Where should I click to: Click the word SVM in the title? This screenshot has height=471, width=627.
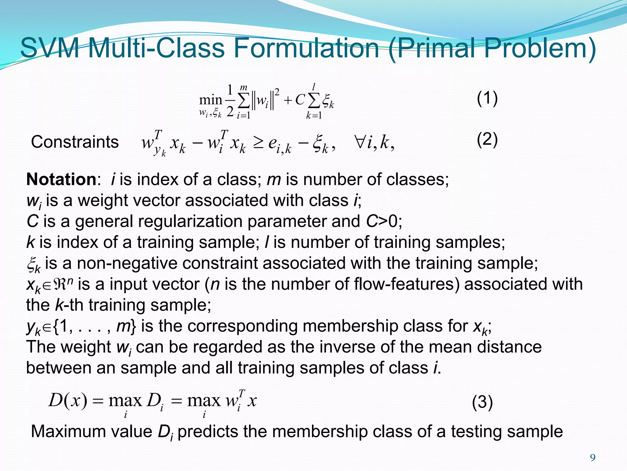click(50, 48)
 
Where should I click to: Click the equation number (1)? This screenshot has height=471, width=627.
click(487, 99)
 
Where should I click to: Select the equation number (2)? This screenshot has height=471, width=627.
click(487, 140)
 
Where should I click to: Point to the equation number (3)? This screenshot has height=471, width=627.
click(482, 402)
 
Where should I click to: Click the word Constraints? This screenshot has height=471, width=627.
click(75, 142)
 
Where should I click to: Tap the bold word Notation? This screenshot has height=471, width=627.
click(61, 179)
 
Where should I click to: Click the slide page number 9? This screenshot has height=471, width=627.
click(593, 458)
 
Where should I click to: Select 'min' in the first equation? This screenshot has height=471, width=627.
click(210, 100)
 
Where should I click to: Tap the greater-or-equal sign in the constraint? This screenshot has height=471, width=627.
click(258, 143)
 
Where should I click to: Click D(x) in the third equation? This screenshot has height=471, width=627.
click(68, 400)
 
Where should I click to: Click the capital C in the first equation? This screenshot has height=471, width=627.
click(300, 100)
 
